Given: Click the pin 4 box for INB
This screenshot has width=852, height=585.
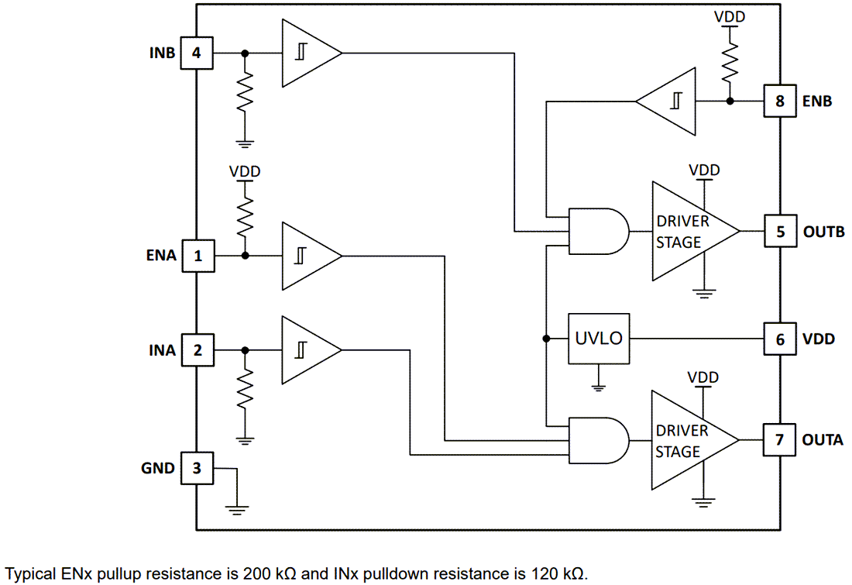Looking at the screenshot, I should [x=197, y=53].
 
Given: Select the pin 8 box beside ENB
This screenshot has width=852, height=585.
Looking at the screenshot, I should [x=779, y=101].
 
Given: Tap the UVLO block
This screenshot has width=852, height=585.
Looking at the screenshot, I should [x=598, y=339].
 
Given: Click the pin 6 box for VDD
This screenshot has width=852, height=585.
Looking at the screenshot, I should [x=779, y=339].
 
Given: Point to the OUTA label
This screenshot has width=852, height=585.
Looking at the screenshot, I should [x=823, y=440].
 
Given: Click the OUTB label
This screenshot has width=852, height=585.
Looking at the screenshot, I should [x=823, y=232].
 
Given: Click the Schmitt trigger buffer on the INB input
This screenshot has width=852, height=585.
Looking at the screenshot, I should [x=309, y=53].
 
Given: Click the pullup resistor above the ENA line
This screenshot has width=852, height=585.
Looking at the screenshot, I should [x=246, y=213].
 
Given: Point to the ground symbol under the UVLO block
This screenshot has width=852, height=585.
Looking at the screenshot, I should [x=598, y=385].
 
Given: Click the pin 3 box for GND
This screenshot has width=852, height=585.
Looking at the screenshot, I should [x=197, y=468].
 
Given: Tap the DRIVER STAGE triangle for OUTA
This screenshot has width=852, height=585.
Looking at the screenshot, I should [x=689, y=441].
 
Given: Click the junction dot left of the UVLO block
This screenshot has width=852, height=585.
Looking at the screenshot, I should [x=546, y=339].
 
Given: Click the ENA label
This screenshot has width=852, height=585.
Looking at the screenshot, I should [x=161, y=256].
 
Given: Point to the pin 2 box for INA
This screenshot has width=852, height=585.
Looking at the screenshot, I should [x=197, y=350].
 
